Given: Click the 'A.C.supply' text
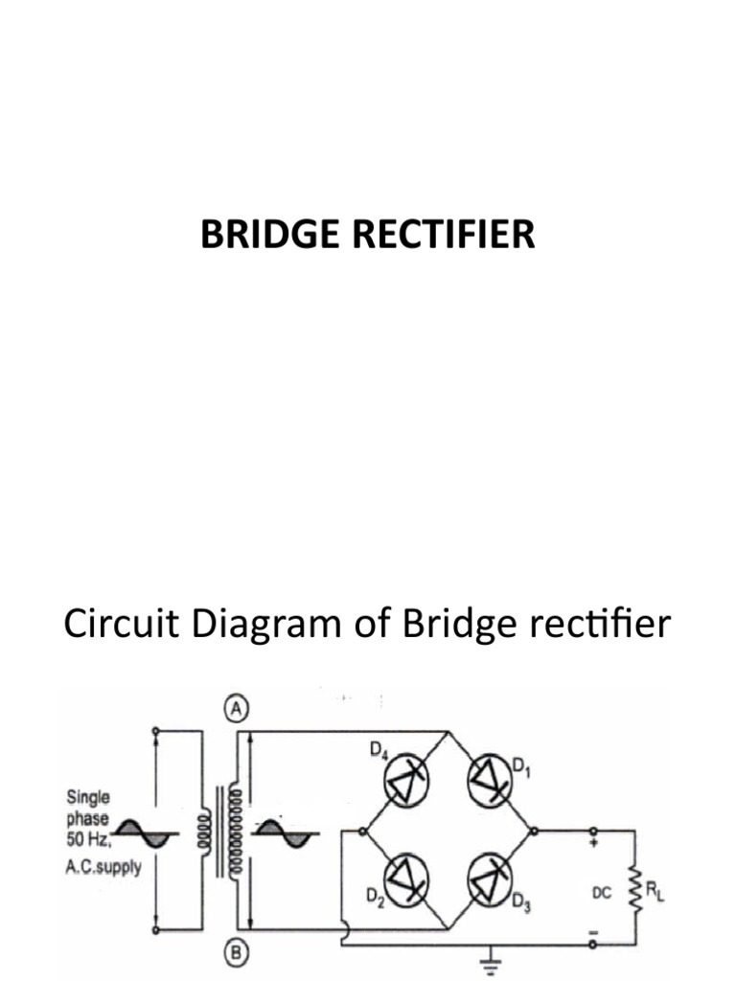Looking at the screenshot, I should coord(103,869).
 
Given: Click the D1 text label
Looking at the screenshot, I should coord(521,765).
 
